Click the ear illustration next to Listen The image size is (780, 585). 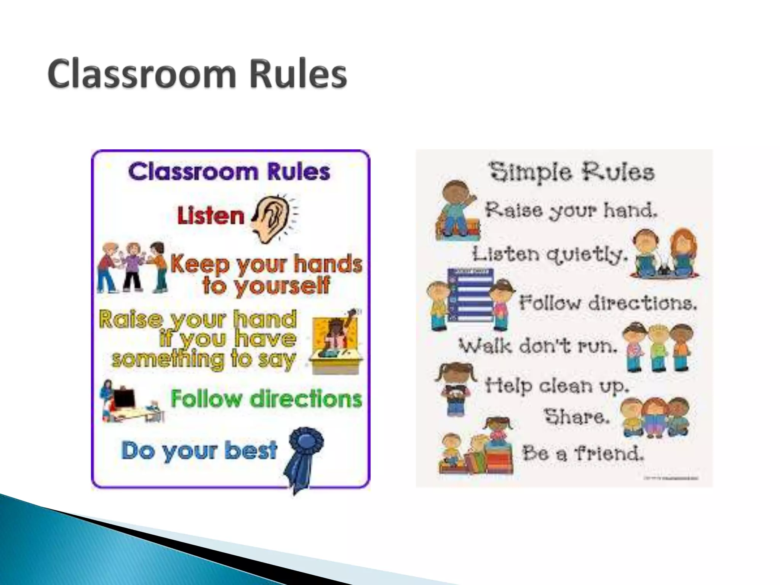(x=272, y=221)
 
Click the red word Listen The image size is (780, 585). (x=210, y=216)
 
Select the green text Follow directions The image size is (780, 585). (x=266, y=399)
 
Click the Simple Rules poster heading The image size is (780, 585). (x=572, y=172)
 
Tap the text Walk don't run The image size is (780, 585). (x=538, y=346)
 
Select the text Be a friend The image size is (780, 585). (x=583, y=453)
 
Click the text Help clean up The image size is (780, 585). (x=556, y=385)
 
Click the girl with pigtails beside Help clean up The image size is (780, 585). (x=455, y=388)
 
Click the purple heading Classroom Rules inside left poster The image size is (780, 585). (x=229, y=172)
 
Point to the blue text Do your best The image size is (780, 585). (x=199, y=450)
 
